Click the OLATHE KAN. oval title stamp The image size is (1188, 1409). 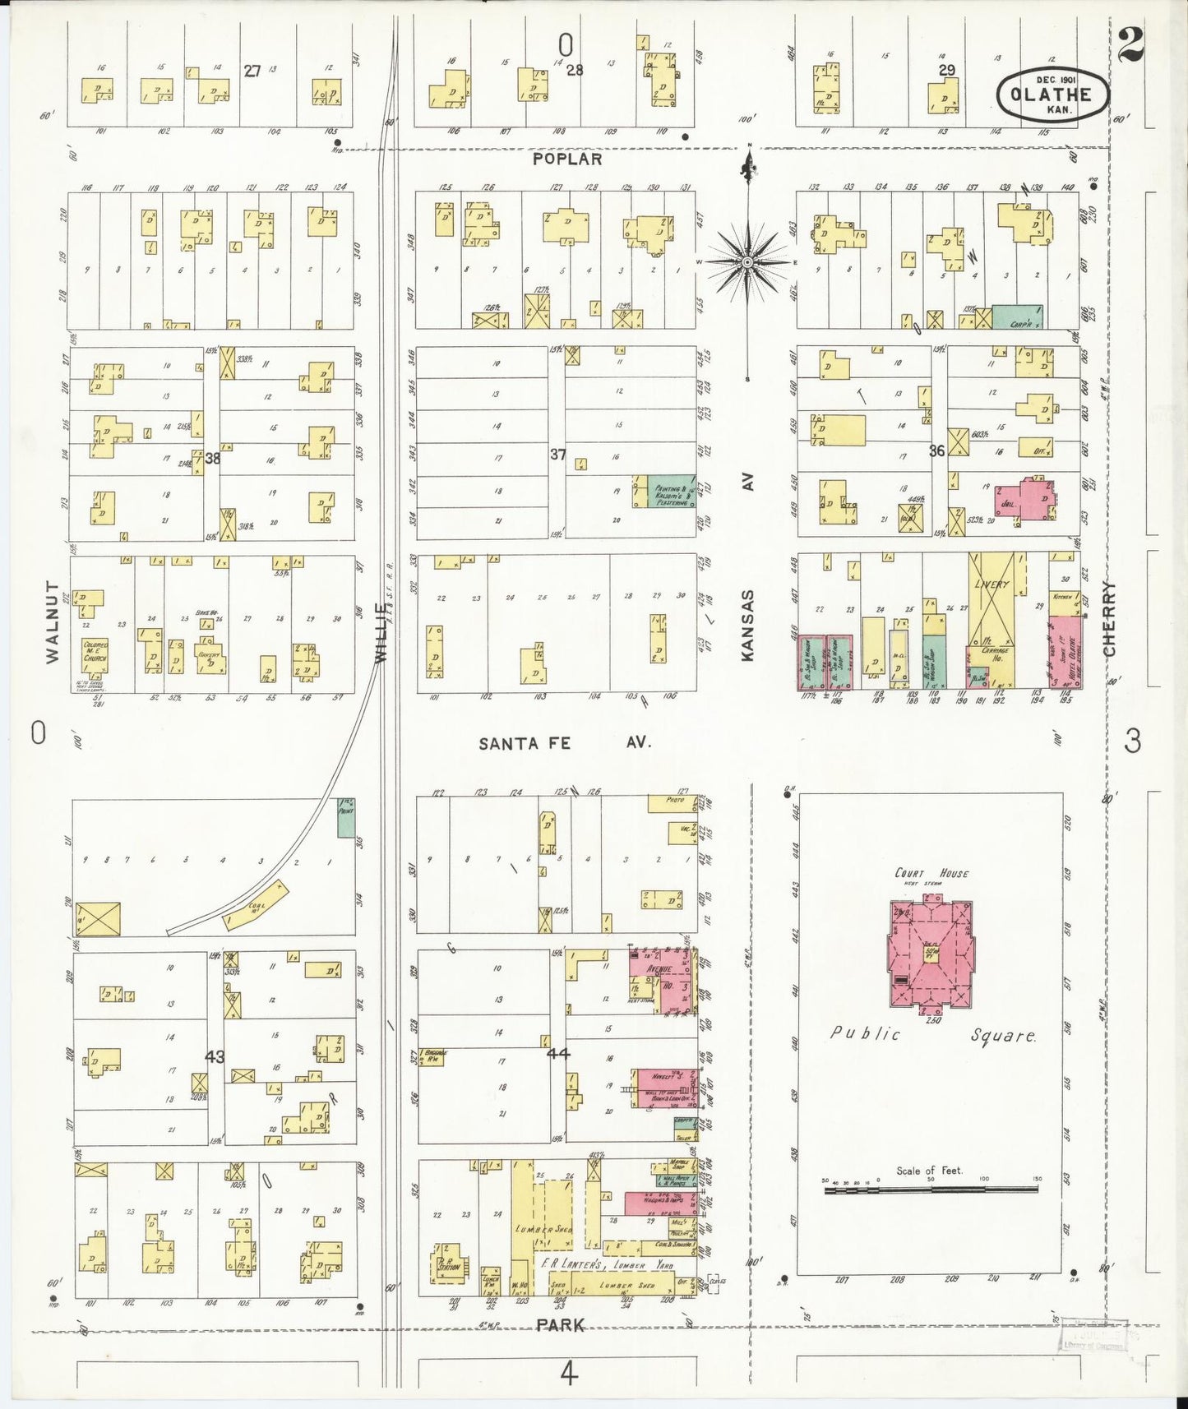(x=1052, y=96)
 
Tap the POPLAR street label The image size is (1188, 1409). (x=567, y=159)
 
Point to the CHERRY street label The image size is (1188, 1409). (x=1110, y=618)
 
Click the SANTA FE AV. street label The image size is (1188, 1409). (x=565, y=742)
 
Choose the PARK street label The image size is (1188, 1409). (x=562, y=1324)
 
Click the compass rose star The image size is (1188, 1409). (x=747, y=262)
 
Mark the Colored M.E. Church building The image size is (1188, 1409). (x=95, y=655)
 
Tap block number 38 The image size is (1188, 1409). (x=212, y=458)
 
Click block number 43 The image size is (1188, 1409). (x=215, y=1056)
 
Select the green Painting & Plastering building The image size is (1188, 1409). (x=672, y=492)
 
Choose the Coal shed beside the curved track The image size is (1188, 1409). (x=256, y=905)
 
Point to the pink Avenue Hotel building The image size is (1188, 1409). (x=663, y=981)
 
